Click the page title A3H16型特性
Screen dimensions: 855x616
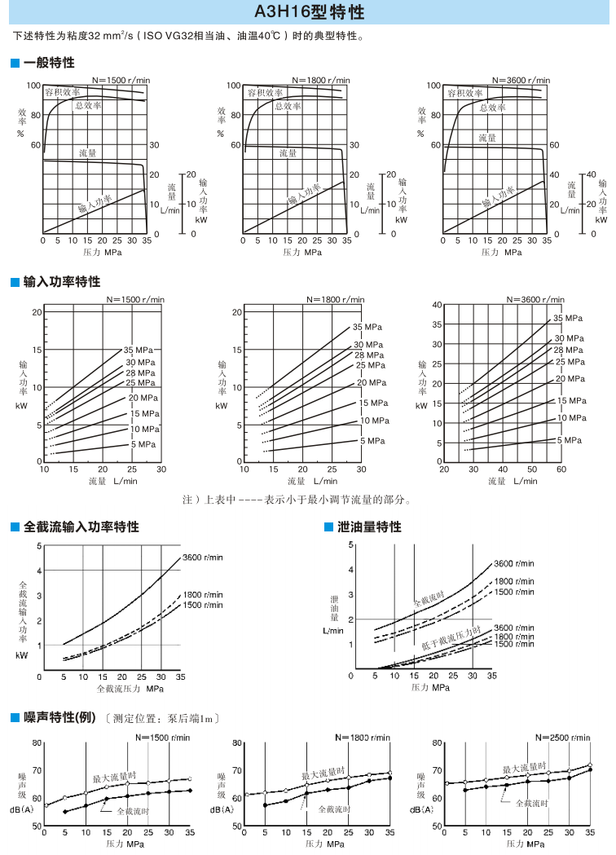(x=308, y=14)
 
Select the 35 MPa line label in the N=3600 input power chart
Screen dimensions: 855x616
(x=570, y=318)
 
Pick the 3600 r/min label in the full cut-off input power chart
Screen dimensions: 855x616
(x=203, y=557)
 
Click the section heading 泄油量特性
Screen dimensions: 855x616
(x=369, y=527)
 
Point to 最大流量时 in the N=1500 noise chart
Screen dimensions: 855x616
(x=113, y=778)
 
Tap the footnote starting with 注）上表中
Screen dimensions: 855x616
(x=297, y=500)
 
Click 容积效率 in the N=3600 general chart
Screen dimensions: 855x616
(x=464, y=94)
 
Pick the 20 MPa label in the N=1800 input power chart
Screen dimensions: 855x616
(x=372, y=382)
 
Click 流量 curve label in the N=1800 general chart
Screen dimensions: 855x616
(x=288, y=152)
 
